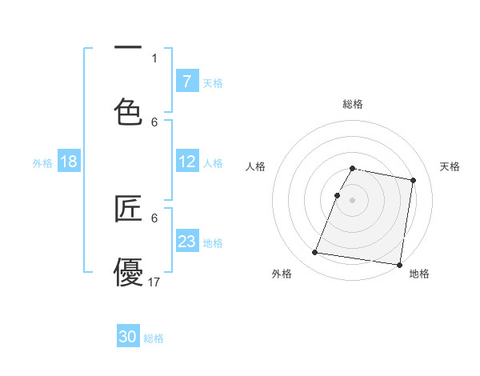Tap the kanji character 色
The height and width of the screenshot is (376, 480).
pyautogui.click(x=128, y=111)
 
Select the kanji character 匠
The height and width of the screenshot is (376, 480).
pyautogui.click(x=128, y=209)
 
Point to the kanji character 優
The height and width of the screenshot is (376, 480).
pyautogui.click(x=128, y=271)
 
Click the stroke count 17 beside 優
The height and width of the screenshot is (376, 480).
pyautogui.click(x=154, y=282)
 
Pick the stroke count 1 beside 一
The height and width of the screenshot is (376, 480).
pyautogui.click(x=154, y=58)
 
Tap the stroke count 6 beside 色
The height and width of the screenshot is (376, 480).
pyautogui.click(x=154, y=122)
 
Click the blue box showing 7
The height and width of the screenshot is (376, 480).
pyautogui.click(x=187, y=82)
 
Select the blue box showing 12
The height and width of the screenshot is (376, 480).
pyautogui.click(x=187, y=162)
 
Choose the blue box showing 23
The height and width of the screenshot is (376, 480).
pyautogui.click(x=187, y=242)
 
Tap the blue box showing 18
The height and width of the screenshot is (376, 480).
pyautogui.click(x=69, y=162)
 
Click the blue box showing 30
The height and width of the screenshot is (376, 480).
pyautogui.click(x=128, y=337)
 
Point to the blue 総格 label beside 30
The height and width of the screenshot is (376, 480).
pyautogui.click(x=154, y=338)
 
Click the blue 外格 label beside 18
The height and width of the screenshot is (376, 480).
pyautogui.click(x=42, y=163)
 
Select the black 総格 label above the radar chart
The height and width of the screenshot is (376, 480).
pyautogui.click(x=353, y=104)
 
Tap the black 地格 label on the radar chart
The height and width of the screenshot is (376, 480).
pyautogui.click(x=419, y=274)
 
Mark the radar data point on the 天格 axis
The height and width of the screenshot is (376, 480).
pyautogui.click(x=413, y=182)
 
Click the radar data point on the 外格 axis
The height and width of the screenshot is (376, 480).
pyautogui.click(x=315, y=253)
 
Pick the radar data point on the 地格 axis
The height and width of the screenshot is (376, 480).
pyautogui.click(x=398, y=264)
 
